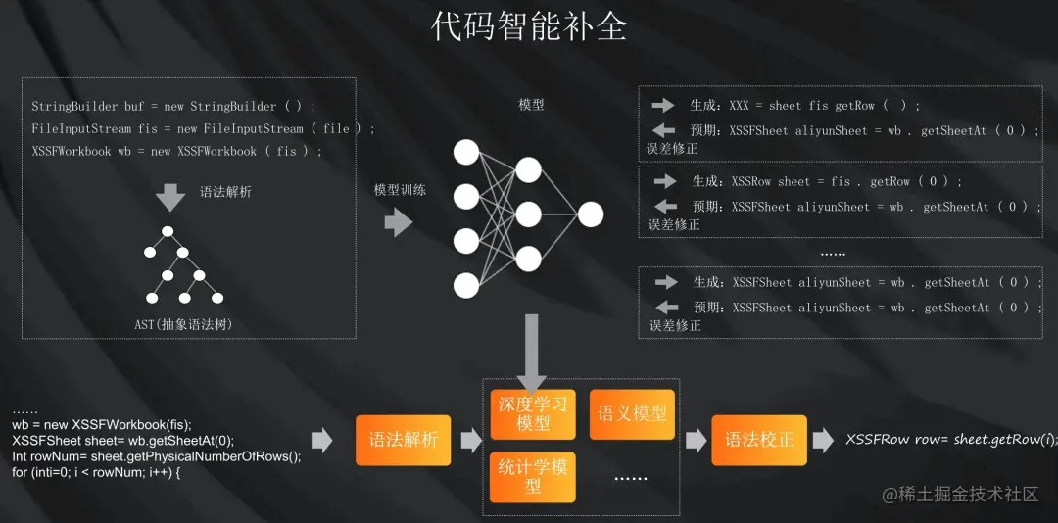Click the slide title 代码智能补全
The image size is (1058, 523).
529,27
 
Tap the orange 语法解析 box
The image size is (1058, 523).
403,440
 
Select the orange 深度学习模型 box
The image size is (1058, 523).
532,414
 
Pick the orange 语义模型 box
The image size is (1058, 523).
632,414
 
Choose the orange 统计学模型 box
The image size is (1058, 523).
532,476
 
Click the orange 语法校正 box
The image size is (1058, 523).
758,440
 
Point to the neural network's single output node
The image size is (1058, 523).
591,214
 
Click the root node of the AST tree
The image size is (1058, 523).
168,232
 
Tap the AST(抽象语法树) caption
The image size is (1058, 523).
183,324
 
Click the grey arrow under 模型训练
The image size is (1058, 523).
398,222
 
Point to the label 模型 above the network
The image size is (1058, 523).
531,105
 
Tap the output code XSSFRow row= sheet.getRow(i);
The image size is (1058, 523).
951,440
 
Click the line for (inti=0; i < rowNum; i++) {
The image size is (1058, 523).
97,472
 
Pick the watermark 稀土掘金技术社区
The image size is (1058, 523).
959,494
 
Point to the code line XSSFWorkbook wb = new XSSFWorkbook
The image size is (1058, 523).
176,152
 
